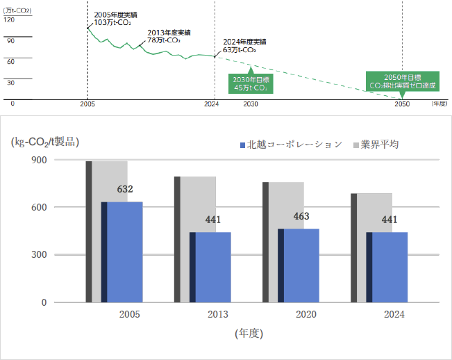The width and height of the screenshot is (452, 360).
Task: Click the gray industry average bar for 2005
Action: [x=110, y=181]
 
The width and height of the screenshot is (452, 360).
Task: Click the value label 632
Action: [x=125, y=189]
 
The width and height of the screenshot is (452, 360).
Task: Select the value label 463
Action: [x=301, y=216]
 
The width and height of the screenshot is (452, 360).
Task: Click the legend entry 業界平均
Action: [x=379, y=145]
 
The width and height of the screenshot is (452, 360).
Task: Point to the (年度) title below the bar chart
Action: [x=248, y=334]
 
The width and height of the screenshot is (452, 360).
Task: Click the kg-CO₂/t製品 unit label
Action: [x=45, y=142]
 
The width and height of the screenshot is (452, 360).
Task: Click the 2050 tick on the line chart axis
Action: [x=402, y=104]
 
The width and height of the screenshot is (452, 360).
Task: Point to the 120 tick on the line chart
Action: [x=9, y=19]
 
